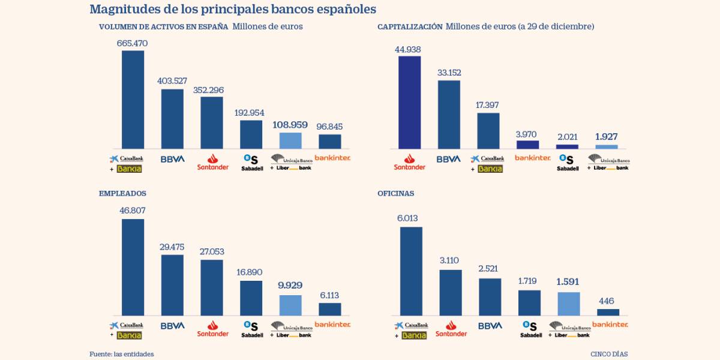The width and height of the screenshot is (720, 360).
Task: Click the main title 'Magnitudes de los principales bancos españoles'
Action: point(233,10)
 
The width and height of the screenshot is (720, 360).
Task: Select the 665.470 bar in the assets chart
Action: point(133,100)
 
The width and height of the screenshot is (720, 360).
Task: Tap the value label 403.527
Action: point(172,81)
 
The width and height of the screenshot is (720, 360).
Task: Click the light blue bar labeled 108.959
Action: point(290,140)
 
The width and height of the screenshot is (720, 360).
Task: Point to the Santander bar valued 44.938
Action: point(409,103)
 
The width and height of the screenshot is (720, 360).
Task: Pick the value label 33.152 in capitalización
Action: point(449,73)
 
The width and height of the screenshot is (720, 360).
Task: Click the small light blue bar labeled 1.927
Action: point(607,146)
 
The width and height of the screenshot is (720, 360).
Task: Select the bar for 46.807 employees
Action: point(133,267)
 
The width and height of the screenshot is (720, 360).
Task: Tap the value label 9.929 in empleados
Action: point(290,286)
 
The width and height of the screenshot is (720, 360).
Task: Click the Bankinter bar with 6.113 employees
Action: point(329,309)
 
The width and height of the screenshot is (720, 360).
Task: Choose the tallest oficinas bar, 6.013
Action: point(411,271)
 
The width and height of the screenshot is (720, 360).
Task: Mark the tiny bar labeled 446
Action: point(608,312)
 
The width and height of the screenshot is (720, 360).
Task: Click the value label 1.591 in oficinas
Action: point(568,281)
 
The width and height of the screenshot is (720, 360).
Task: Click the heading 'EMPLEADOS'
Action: point(122,194)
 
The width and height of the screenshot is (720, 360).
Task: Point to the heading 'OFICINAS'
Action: point(395,194)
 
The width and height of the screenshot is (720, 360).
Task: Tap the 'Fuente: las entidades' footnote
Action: point(122,354)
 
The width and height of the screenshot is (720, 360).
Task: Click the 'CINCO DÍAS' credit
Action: point(609,354)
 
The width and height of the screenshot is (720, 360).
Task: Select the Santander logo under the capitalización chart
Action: point(409,162)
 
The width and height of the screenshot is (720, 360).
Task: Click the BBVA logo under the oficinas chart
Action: point(490,326)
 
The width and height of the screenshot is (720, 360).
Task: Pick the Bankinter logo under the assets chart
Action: point(332,158)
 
